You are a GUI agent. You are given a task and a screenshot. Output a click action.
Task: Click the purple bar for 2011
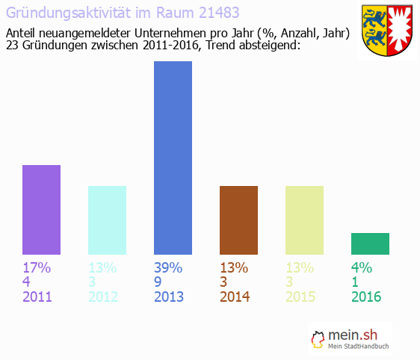pos(41,210)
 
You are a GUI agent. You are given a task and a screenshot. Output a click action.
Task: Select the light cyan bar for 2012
pos(107,220)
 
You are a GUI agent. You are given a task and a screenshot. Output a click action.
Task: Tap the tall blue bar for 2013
pos(173,158)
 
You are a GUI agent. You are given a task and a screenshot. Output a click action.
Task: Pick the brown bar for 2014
pos(238,220)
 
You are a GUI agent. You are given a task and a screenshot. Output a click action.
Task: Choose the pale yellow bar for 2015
pos(304,220)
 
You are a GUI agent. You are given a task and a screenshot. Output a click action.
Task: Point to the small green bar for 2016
pos(370,243)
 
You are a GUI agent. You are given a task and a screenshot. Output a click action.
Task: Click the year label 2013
pos(169,297)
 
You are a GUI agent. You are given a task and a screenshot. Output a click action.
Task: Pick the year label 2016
pos(366,297)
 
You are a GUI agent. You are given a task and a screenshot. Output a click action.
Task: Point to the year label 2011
pos(37,297)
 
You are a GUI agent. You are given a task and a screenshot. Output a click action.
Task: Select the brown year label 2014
pos(235,297)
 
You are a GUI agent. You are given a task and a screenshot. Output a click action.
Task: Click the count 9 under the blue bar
pos(158,282)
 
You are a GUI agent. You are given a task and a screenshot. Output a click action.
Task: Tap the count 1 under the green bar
pos(356,282)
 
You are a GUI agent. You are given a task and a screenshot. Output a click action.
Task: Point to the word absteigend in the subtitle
pos(266,46)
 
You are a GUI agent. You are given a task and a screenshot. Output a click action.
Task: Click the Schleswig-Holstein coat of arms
pos(387,31)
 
